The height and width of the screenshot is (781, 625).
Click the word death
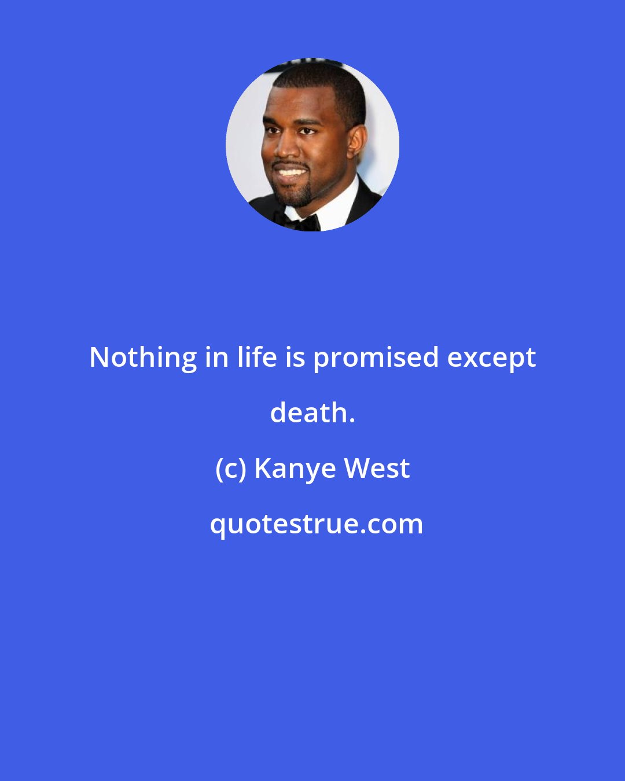click(x=308, y=414)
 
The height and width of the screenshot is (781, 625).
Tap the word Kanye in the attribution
click(x=295, y=470)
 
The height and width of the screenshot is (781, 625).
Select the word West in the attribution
click(x=377, y=469)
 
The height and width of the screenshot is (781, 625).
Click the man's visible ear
click(x=356, y=143)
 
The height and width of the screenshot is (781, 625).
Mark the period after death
click(x=351, y=421)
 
